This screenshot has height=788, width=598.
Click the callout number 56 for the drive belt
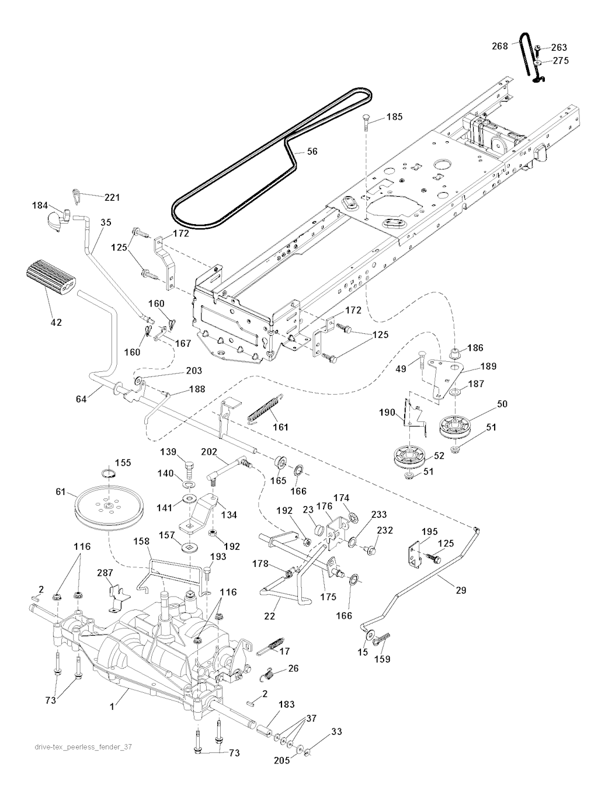pos(312,151)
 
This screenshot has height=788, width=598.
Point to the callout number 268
pos(500,46)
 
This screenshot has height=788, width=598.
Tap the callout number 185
pos(394,117)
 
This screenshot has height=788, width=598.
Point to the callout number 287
pos(105,573)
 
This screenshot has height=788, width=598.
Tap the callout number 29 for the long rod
pos(461,590)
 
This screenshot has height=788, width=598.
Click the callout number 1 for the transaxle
pos(112,706)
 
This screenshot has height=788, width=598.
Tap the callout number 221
pos(112,197)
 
